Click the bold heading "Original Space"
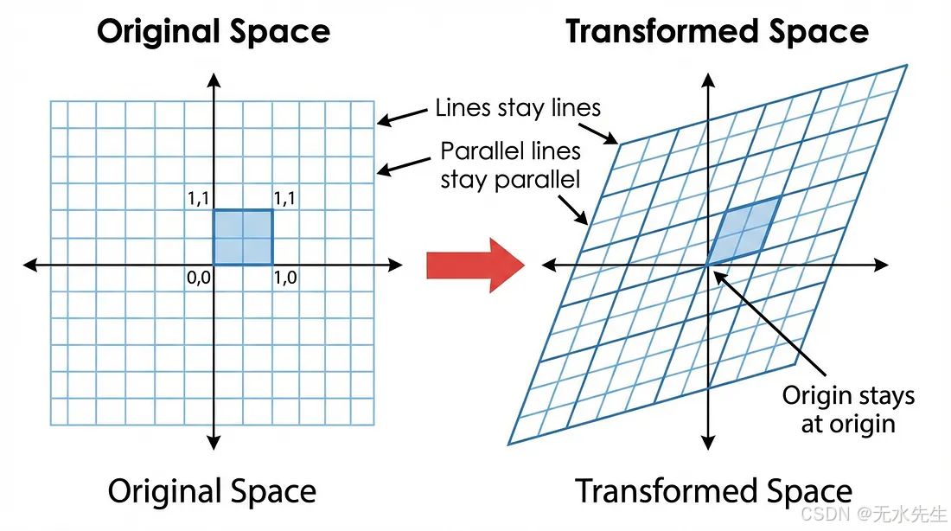coord(214,32)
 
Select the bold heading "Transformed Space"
coord(717,32)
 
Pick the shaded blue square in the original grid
coord(243,237)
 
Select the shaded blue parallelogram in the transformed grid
coord(743,231)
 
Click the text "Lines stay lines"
coord(518,108)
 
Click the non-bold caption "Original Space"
coord(212,491)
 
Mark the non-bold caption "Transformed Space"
coord(714,491)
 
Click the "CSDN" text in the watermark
coord(820,514)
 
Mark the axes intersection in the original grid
coord(214,265)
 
